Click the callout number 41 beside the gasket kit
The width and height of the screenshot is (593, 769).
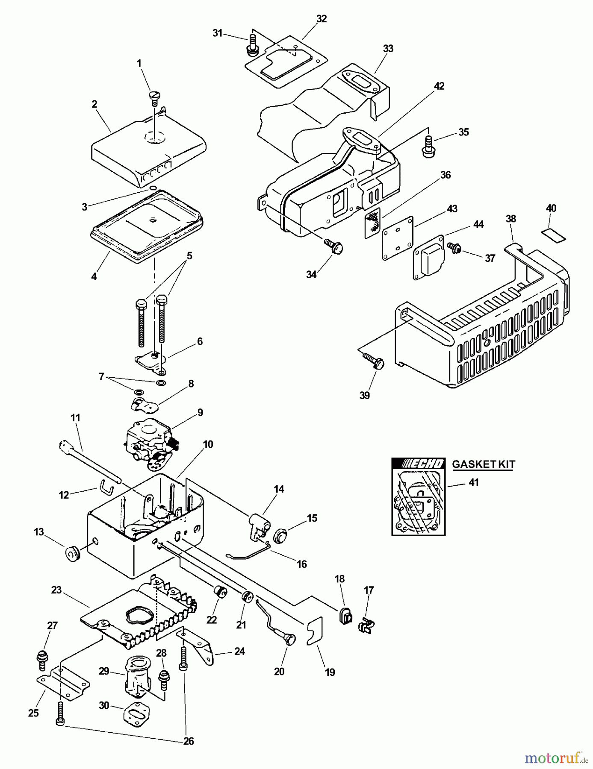point(474,482)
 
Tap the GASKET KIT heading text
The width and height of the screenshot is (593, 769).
point(484,464)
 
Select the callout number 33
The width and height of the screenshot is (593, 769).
point(388,49)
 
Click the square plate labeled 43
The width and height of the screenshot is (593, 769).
point(398,238)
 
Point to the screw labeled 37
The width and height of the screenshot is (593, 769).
point(453,247)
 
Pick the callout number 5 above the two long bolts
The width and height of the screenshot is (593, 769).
point(189,256)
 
